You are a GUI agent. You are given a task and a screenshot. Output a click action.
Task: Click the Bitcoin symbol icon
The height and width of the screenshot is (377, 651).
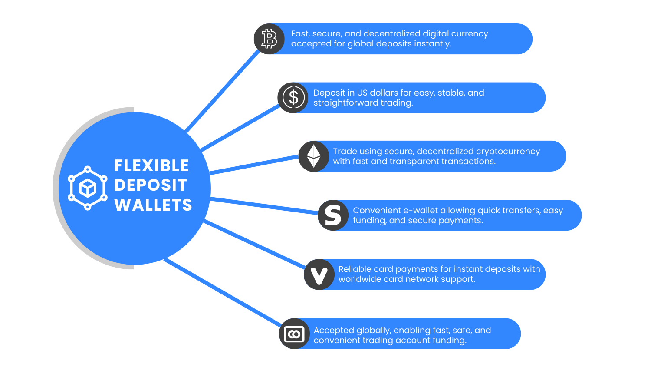[x=269, y=39]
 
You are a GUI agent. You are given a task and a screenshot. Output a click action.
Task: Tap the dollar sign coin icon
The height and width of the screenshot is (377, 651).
[x=293, y=98]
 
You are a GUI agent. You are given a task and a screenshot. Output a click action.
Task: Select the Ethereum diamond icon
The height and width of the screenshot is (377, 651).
[x=313, y=156]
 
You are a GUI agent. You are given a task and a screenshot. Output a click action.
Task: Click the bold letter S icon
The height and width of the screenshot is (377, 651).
[x=333, y=215]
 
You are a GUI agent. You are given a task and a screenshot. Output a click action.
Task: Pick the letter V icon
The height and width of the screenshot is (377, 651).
[x=319, y=274]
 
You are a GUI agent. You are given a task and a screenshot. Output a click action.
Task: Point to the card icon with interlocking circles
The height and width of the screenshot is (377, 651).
[x=294, y=334]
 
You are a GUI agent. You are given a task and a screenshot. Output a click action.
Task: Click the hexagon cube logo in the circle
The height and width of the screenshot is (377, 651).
[x=88, y=188]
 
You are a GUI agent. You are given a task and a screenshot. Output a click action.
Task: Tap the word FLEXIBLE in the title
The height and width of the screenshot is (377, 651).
[x=151, y=165]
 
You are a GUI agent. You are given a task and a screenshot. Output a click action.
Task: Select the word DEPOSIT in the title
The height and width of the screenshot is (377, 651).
[x=150, y=185]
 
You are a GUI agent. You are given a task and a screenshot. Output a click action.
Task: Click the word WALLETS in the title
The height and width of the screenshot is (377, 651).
[x=153, y=205]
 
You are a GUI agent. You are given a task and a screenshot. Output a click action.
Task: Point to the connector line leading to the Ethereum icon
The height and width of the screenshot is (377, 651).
[x=254, y=165]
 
